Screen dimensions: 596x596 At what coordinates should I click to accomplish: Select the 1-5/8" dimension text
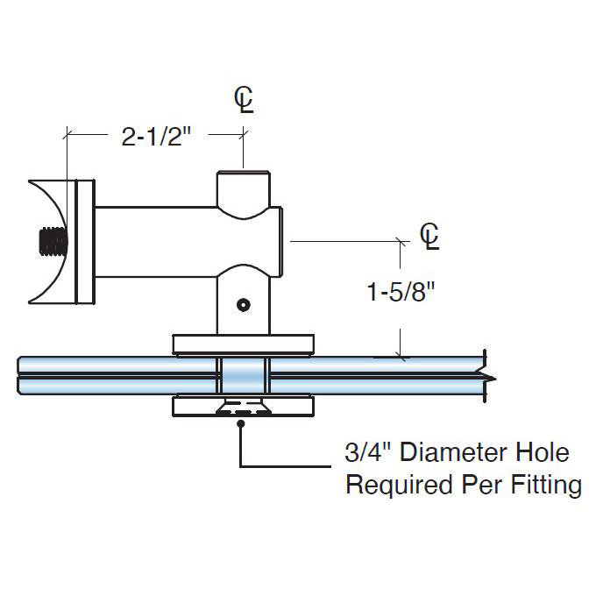(x=402, y=292)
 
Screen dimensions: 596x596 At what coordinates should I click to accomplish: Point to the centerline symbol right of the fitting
(x=429, y=236)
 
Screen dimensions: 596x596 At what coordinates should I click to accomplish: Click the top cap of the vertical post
(x=245, y=185)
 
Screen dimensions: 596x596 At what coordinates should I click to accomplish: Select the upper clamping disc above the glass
(x=244, y=343)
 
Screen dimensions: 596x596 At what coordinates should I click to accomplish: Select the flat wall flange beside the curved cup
(x=85, y=242)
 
